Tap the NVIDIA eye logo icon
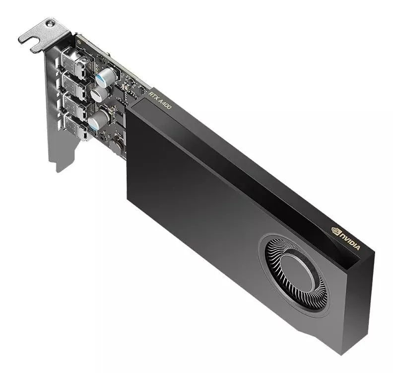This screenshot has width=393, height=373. (x=335, y=230)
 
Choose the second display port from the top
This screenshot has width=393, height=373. (x=74, y=85)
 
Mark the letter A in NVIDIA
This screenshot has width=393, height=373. (x=359, y=247)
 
